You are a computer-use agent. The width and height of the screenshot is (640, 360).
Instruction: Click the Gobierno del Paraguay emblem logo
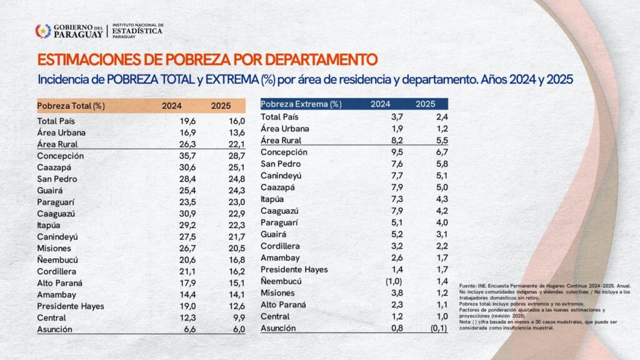pyautogui.click(x=42, y=31)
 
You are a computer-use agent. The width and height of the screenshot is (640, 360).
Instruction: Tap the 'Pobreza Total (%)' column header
pyautogui.click(x=71, y=106)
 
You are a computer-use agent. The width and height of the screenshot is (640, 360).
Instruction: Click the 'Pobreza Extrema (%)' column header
pyautogui.click(x=301, y=104)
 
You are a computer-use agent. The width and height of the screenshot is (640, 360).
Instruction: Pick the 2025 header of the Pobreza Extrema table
pyautogui.click(x=426, y=104)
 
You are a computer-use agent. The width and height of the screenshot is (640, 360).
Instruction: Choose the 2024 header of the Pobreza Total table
pyautogui.click(x=172, y=106)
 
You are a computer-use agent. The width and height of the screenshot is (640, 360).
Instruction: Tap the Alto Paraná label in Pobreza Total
pyautogui.click(x=61, y=283)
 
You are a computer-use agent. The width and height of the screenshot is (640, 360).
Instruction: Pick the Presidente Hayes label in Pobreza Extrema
pyautogui.click(x=294, y=269)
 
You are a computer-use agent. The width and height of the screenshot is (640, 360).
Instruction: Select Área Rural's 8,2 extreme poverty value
pyautogui.click(x=383, y=141)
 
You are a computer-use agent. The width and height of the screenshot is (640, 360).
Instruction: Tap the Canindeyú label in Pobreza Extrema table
pyautogui.click(x=282, y=176)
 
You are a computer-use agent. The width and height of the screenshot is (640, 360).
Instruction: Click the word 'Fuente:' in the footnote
pyautogui.click(x=467, y=286)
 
